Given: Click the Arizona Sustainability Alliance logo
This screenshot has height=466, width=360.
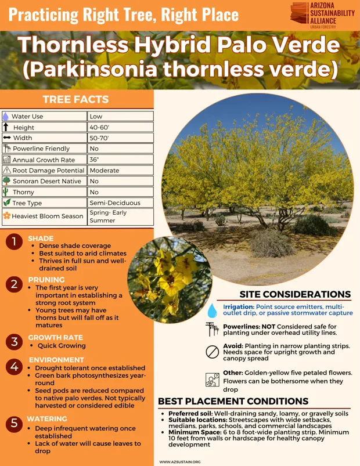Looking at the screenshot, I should click(x=322, y=15).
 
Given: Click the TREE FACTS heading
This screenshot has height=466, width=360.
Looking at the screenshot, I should click(x=75, y=100).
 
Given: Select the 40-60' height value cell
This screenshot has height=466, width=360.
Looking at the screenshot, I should click(x=120, y=127).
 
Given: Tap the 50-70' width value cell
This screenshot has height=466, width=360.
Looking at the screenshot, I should click(x=120, y=138).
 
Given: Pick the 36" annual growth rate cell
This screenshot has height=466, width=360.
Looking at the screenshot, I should click(x=120, y=160).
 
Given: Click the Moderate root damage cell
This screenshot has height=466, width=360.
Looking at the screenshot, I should click(x=120, y=171).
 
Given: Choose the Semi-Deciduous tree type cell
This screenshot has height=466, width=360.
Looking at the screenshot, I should click(x=120, y=203).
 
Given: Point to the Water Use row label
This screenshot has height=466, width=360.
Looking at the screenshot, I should click(x=27, y=116).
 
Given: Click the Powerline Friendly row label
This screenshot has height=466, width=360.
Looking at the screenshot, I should click(x=41, y=149).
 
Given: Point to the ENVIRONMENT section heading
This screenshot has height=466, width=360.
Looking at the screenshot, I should click(x=56, y=360).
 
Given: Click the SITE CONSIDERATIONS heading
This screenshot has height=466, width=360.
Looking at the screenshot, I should click(x=295, y=294).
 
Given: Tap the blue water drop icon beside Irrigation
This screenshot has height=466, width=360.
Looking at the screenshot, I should click(x=212, y=309).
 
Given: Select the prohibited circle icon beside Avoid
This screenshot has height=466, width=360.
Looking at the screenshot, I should click(x=212, y=352).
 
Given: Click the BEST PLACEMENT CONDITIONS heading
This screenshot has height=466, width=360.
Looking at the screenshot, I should click(x=233, y=401).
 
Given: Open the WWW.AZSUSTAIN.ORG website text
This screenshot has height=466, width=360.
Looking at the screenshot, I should click(x=180, y=462).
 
